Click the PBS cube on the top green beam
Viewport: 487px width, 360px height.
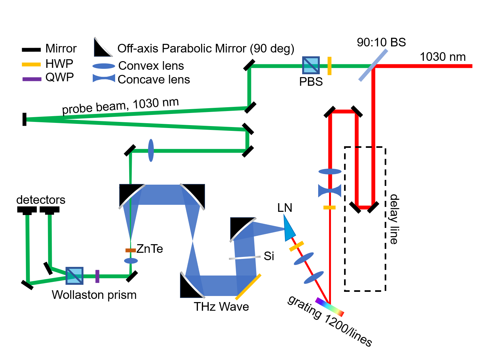[311, 65]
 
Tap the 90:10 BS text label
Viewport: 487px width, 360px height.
[381, 42]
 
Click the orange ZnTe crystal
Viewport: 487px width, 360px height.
[130, 250]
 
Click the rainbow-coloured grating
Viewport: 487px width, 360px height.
[329, 307]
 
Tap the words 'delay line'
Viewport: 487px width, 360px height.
[394, 219]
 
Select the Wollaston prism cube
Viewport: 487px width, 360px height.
[75, 276]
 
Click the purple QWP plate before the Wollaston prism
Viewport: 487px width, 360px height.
[97, 276]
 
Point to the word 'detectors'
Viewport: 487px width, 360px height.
[41, 200]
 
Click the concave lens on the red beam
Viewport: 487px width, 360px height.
[330, 191]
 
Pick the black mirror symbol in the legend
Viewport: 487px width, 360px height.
[31, 50]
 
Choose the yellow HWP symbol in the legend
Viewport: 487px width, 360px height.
[31, 64]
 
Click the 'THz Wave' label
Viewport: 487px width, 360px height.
[221, 307]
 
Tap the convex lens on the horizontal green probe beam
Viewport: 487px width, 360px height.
[151, 150]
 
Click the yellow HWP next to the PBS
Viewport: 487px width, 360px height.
[329, 66]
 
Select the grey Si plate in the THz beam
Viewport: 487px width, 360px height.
[245, 257]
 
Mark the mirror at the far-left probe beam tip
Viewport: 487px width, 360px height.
[24, 119]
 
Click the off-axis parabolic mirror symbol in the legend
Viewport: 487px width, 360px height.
[103, 48]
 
